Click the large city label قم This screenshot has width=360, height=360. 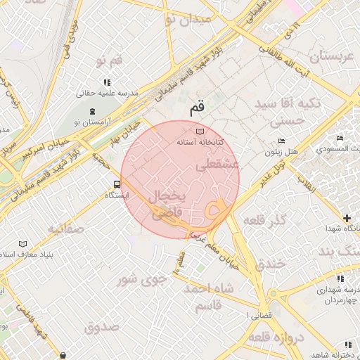coord(198,110)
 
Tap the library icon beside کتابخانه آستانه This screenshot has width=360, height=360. coord(200,131)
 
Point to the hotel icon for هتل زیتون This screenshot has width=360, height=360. coord(282,141)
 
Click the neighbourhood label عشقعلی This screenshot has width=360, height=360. coord(218,166)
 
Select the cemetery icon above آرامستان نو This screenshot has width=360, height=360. coord(91,112)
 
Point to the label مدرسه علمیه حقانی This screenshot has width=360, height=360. coord(108,93)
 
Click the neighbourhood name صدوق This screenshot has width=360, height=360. coord(101,328)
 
